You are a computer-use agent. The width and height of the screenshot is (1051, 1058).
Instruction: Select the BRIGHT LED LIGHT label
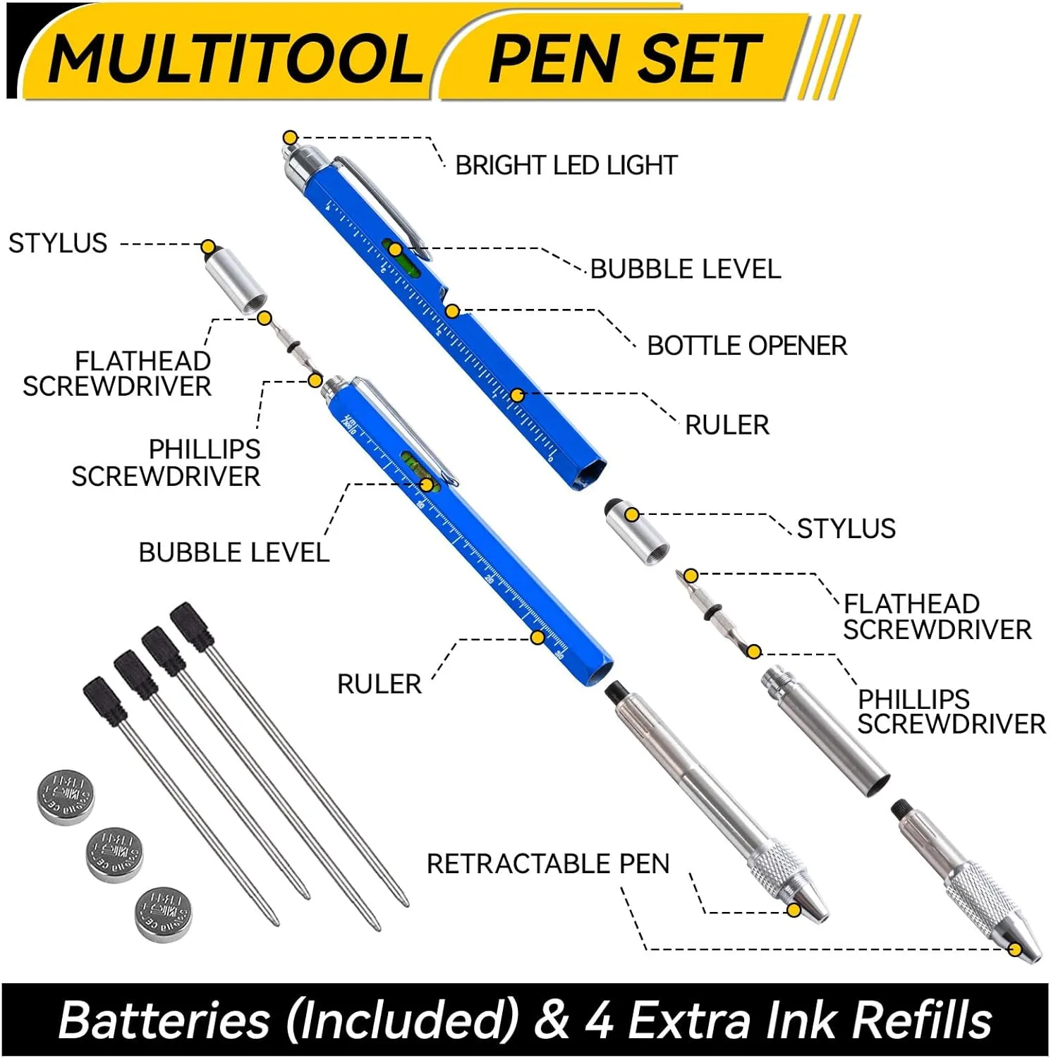tap(566, 166)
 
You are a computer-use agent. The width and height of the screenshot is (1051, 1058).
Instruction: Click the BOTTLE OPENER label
tap(747, 346)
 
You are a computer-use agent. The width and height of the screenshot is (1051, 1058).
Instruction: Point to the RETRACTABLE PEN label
tap(548, 864)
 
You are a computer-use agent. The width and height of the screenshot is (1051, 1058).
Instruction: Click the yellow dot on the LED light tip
tap(290, 138)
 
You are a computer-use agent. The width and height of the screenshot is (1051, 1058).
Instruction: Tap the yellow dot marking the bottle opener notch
tap(452, 310)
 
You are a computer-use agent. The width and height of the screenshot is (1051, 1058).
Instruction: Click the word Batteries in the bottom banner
tap(164, 1020)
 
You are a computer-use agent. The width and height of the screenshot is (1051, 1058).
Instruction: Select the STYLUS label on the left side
tap(58, 243)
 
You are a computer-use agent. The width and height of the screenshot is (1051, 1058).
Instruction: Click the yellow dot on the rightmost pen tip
tap(1015, 949)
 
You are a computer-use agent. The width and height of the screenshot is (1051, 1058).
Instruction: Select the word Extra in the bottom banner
tap(688, 1020)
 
